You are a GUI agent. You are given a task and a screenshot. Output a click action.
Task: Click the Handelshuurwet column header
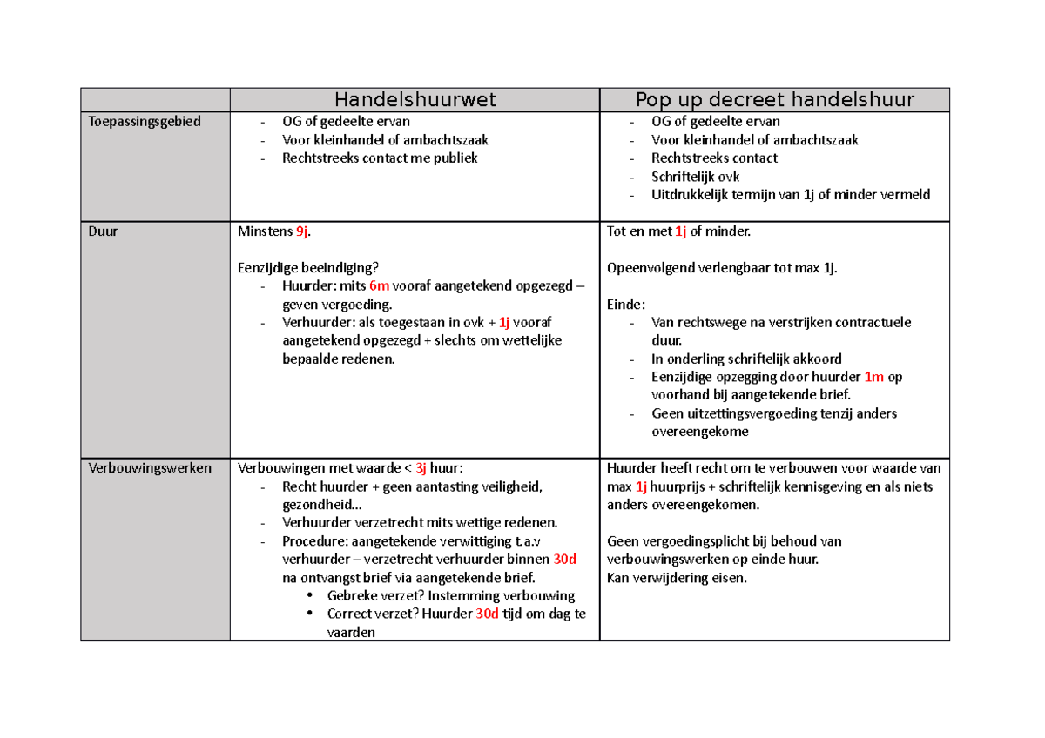click(415, 100)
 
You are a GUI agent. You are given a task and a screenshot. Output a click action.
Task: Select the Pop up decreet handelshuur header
click(774, 100)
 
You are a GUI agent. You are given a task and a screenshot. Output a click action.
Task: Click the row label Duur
click(102, 232)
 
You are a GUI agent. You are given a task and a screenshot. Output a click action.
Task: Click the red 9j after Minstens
click(302, 232)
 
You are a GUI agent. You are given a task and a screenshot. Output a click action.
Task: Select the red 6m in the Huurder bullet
click(379, 286)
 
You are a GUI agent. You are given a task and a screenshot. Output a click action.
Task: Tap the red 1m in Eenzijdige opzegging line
click(873, 377)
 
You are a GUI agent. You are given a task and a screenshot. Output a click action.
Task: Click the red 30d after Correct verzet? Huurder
click(487, 614)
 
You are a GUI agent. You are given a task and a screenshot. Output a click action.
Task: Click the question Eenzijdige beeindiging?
click(308, 268)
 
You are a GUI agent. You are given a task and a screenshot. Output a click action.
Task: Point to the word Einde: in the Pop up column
click(626, 305)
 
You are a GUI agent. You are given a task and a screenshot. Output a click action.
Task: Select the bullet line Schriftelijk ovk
click(695, 177)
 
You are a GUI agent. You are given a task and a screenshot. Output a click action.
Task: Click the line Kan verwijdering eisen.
click(677, 578)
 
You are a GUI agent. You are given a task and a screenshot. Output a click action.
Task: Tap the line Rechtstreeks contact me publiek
click(380, 158)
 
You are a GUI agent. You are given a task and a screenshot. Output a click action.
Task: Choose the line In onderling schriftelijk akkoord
click(746, 359)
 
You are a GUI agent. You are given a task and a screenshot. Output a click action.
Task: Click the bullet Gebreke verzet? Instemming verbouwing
click(450, 596)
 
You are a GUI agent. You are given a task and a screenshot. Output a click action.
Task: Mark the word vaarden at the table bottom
click(351, 633)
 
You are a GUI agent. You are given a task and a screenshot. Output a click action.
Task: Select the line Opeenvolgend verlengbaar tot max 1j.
click(722, 268)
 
